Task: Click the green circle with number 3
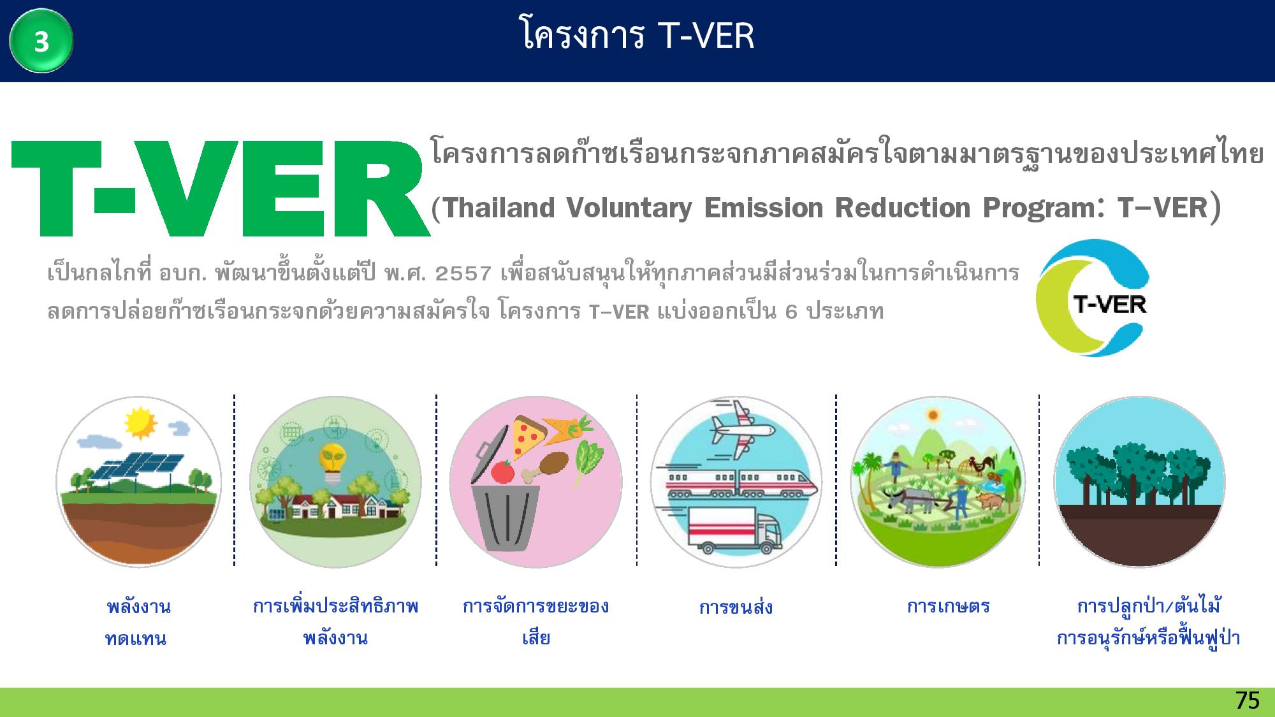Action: click(x=41, y=41)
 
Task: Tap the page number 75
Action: click(x=1247, y=700)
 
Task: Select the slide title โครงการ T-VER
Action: click(x=637, y=35)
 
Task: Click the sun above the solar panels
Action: click(x=139, y=423)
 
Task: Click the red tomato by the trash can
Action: click(x=503, y=472)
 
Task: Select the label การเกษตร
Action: click(x=948, y=605)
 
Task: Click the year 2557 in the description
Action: click(x=463, y=274)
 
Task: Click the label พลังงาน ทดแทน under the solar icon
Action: click(x=137, y=622)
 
